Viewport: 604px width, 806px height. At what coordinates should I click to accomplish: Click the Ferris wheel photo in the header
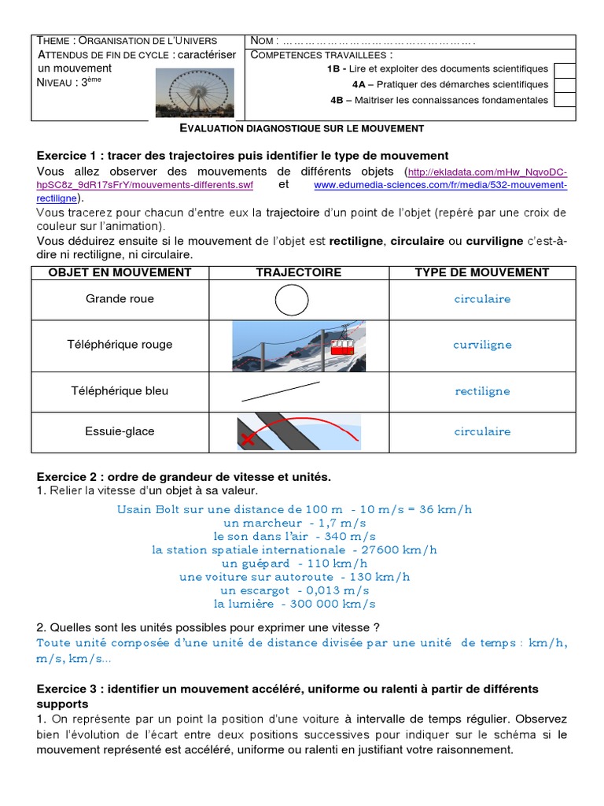(x=194, y=94)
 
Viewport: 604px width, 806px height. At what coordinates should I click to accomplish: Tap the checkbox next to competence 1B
(x=563, y=69)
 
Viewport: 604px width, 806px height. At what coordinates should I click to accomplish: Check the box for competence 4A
(x=563, y=84)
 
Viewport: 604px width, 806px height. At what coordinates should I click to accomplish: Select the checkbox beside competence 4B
(x=563, y=99)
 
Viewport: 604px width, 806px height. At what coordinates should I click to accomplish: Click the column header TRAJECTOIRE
(x=298, y=272)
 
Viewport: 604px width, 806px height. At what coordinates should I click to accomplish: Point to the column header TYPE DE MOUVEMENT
(x=481, y=272)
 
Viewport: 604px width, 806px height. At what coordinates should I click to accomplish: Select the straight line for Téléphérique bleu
(x=279, y=390)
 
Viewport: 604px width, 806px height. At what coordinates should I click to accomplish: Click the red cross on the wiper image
(x=249, y=439)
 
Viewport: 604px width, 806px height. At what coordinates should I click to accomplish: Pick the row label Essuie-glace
(x=120, y=431)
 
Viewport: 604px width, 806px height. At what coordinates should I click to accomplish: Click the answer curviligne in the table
(x=482, y=345)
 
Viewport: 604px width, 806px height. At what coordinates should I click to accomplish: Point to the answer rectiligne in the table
(x=482, y=391)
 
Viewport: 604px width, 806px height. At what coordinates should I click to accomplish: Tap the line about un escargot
(x=295, y=590)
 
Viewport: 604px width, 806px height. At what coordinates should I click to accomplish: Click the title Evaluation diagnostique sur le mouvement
(x=302, y=128)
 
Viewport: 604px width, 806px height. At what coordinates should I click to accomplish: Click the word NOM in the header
(x=263, y=41)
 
